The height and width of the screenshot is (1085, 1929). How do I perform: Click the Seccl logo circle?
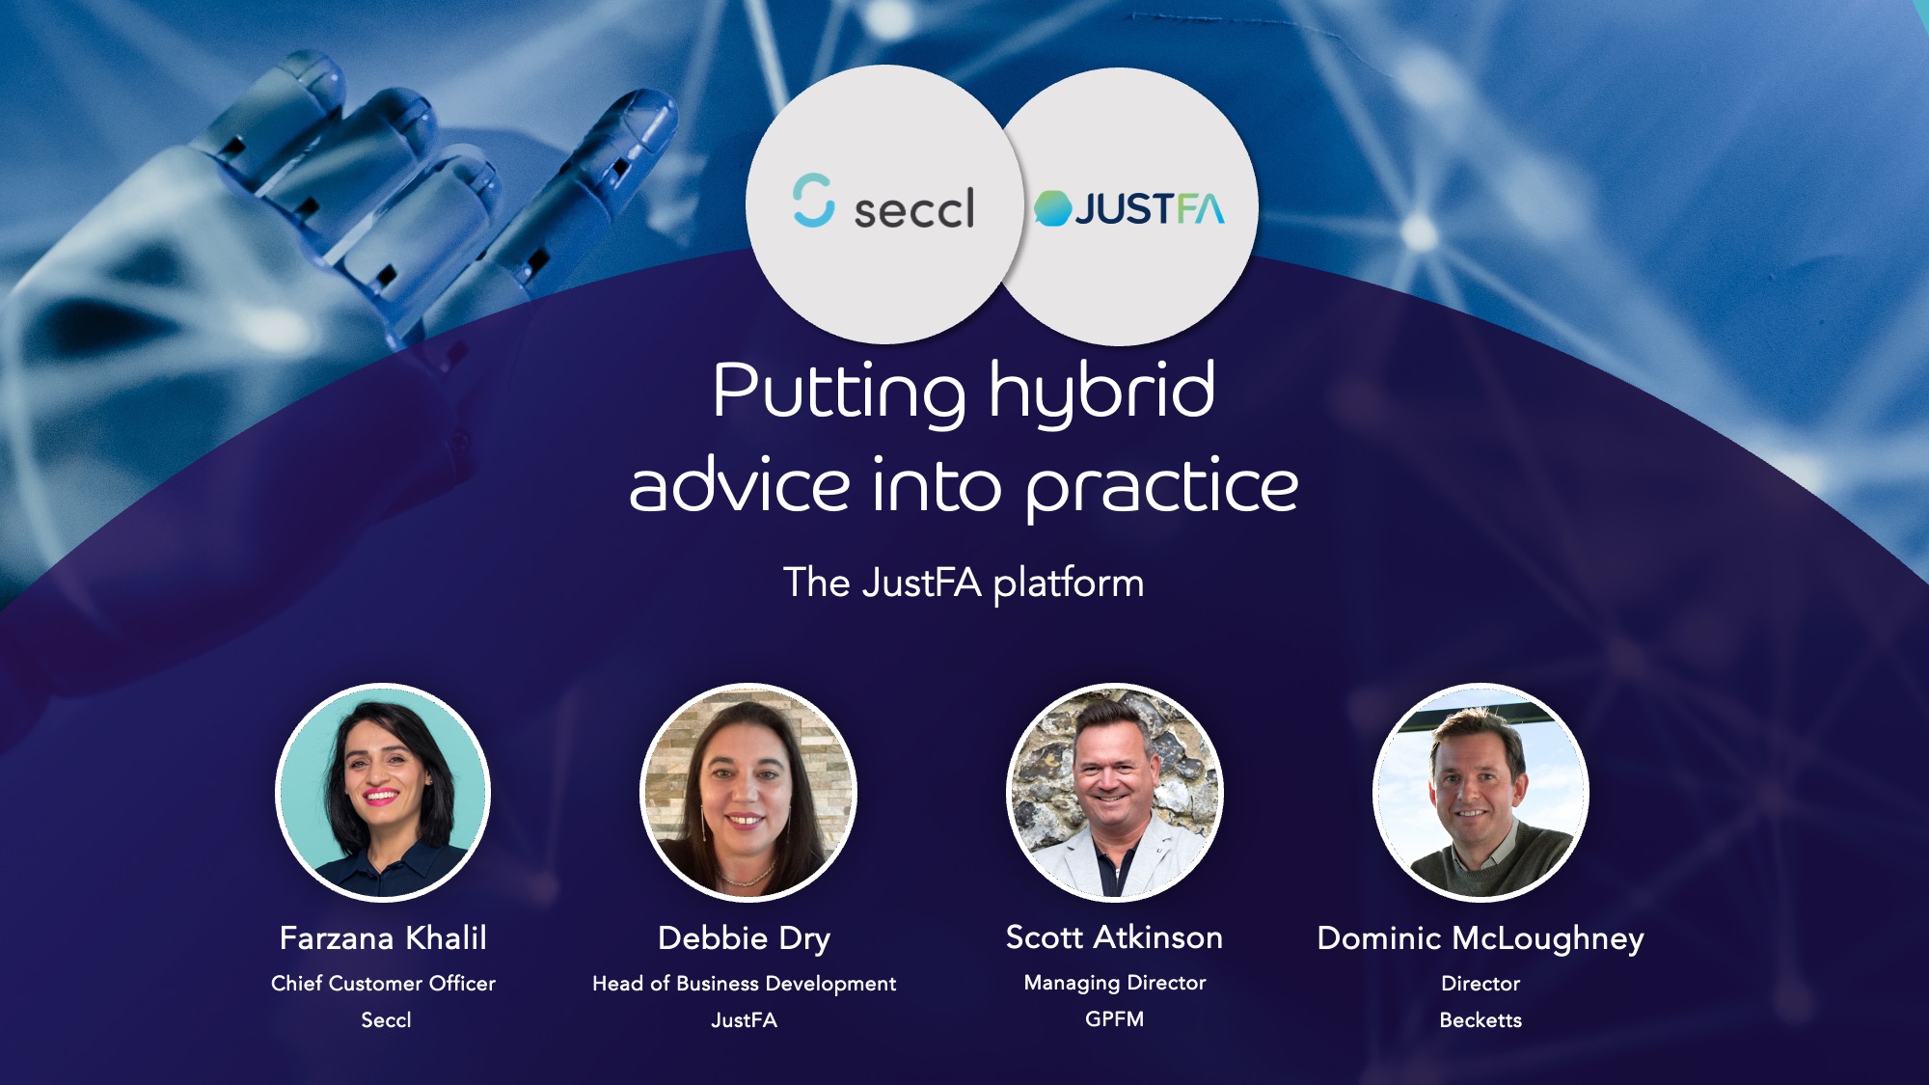pos(883,204)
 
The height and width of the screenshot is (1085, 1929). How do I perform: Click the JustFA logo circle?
pos(1128,206)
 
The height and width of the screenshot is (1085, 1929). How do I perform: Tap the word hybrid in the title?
pos(1101,392)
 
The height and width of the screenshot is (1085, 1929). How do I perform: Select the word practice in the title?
pos(1161,487)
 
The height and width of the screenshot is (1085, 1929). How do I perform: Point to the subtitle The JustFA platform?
pos(964,583)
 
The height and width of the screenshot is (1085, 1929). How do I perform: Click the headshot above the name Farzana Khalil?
pos(383,792)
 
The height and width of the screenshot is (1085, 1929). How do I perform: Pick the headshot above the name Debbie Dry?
pos(747,792)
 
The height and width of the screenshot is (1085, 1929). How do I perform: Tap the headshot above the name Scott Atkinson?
pos(1114,792)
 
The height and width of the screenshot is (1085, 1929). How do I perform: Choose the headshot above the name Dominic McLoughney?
pos(1480,792)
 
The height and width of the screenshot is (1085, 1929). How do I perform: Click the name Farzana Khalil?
pos(383,937)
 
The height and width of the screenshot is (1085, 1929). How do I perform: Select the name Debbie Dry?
pos(744,937)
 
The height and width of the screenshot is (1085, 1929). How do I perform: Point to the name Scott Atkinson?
pos(1114,936)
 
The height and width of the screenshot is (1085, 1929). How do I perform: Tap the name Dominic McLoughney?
pos(1480,937)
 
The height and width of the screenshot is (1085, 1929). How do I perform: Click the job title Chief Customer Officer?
pos(383,983)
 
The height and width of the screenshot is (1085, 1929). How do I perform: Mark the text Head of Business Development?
pos(744,983)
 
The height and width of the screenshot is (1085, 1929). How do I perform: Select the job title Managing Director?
pos(1114,982)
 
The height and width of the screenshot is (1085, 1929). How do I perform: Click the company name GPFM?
pos(1114,1018)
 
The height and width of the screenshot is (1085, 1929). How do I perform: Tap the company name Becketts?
pos(1480,1019)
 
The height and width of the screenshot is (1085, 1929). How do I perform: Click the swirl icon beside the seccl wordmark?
pos(813,200)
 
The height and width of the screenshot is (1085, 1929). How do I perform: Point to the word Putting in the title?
pos(837,392)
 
